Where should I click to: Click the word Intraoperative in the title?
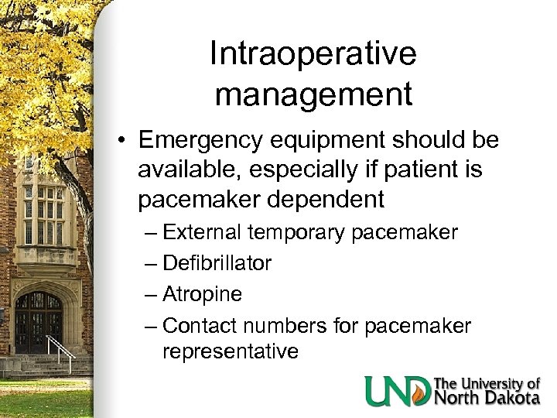click(x=313, y=55)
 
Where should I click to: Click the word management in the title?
click(x=313, y=94)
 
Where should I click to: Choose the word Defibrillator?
click(x=217, y=263)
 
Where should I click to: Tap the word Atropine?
click(x=203, y=295)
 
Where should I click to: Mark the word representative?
click(x=231, y=352)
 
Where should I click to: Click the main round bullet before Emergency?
click(x=124, y=142)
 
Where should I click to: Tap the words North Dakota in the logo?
click(x=487, y=398)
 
